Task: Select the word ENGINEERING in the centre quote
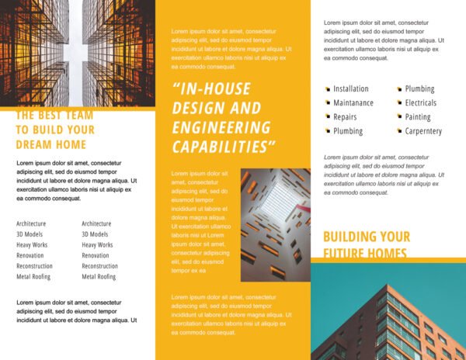point(221,128)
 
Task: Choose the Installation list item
point(351,89)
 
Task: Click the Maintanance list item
point(353,103)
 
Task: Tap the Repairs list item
point(345,117)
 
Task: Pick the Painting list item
point(418,117)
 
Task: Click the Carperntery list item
point(423,131)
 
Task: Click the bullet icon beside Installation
point(328,90)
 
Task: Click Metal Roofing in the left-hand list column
point(33,277)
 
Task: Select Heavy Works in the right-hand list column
point(98,245)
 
